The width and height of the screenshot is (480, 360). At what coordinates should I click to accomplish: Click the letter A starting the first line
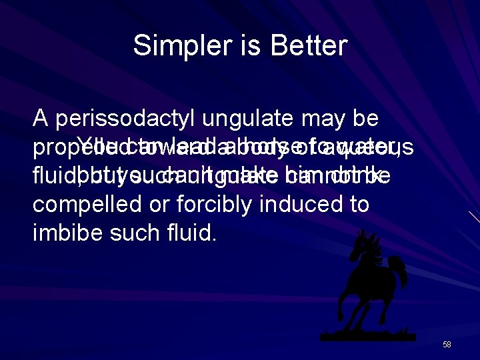(41, 119)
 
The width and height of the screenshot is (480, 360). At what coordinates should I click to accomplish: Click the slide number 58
(447, 345)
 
